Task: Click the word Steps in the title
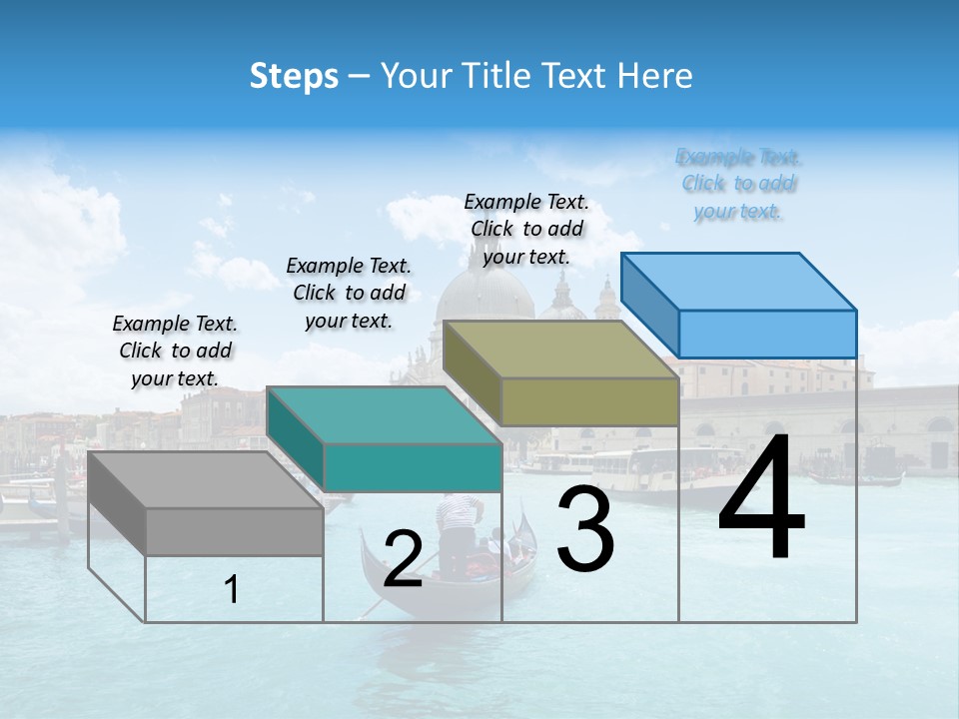(x=294, y=76)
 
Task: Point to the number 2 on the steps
(x=403, y=559)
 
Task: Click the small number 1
(x=232, y=590)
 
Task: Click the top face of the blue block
(x=738, y=281)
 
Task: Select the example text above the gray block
(x=175, y=351)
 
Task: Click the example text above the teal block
(x=349, y=293)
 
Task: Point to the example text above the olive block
(x=526, y=229)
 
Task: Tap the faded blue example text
(x=738, y=184)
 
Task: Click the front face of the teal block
(x=413, y=467)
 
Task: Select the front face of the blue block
(x=767, y=334)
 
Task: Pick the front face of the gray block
(x=235, y=532)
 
